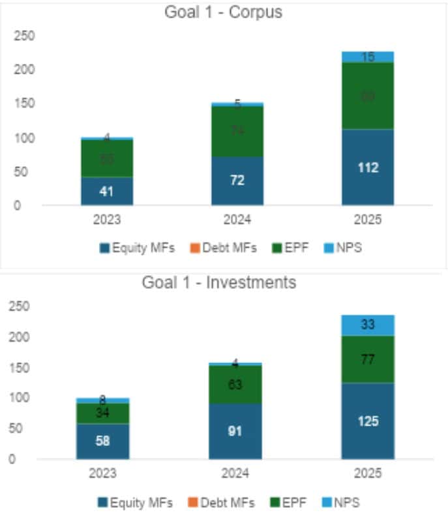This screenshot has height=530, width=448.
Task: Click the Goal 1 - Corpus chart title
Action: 224,12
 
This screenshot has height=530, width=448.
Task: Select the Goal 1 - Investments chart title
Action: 219,282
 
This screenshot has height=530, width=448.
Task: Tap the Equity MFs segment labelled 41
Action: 107,192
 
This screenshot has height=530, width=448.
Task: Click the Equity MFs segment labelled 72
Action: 237,181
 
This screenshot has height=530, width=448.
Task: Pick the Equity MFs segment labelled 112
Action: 368,168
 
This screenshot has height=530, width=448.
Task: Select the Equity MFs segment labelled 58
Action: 102,441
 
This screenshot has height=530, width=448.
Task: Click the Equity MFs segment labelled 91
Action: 235,431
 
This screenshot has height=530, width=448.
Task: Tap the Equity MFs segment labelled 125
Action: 368,420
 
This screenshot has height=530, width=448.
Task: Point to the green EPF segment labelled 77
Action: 368,359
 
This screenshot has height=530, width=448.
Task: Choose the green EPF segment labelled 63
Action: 235,385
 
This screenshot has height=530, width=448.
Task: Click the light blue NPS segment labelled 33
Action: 368,325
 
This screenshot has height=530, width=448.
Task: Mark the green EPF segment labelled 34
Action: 102,413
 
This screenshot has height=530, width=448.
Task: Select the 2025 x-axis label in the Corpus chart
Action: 368,220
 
